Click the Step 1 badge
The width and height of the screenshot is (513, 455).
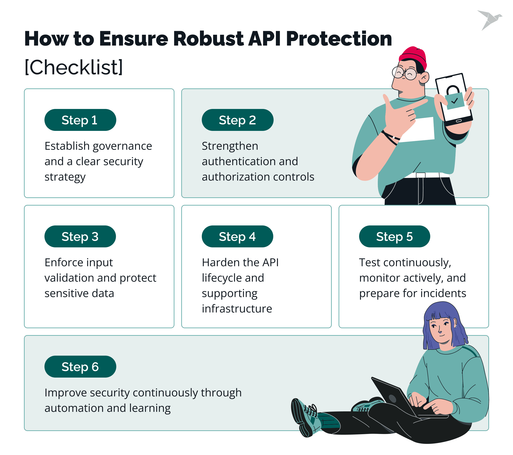coord(80,120)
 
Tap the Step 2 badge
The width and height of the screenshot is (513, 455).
coord(237,120)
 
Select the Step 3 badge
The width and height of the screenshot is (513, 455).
coord(80,236)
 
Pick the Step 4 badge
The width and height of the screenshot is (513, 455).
coord(237,236)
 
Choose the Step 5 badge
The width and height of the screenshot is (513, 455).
coord(394,236)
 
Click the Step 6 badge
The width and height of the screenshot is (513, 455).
coord(80,367)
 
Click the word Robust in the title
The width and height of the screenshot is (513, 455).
coord(208,39)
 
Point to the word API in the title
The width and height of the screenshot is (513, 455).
coord(264,39)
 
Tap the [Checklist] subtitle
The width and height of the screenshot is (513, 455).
coord(74,67)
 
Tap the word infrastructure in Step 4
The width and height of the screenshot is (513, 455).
coord(237,309)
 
